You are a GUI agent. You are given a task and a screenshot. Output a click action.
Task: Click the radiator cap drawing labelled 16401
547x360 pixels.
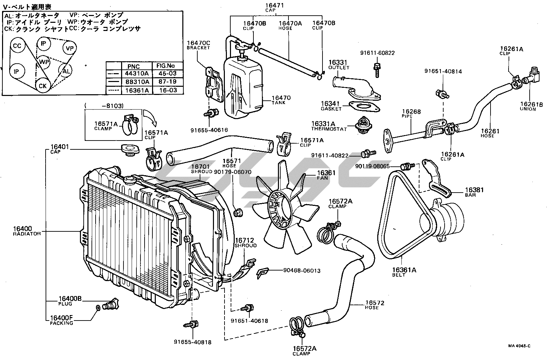(x=128, y=150)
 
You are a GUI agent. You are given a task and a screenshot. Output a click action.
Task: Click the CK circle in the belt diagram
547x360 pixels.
(x=43, y=86)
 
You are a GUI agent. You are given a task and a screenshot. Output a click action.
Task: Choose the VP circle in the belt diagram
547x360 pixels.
(x=69, y=48)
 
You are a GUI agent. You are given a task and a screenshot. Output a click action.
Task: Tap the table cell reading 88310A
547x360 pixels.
(x=137, y=82)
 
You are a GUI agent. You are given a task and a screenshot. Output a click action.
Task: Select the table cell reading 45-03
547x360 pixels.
(x=168, y=73)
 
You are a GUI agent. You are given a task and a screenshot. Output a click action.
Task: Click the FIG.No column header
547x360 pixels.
(x=168, y=66)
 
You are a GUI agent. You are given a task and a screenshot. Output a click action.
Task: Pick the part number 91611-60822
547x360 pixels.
(x=378, y=53)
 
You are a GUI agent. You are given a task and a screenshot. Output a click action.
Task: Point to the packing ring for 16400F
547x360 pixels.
(x=98, y=308)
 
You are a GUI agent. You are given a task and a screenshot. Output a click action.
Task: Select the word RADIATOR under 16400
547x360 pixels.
(x=27, y=234)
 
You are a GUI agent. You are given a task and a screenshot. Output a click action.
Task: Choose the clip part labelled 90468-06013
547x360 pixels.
(x=263, y=272)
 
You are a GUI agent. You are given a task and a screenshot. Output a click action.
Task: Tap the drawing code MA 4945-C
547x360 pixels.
(x=519, y=346)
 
